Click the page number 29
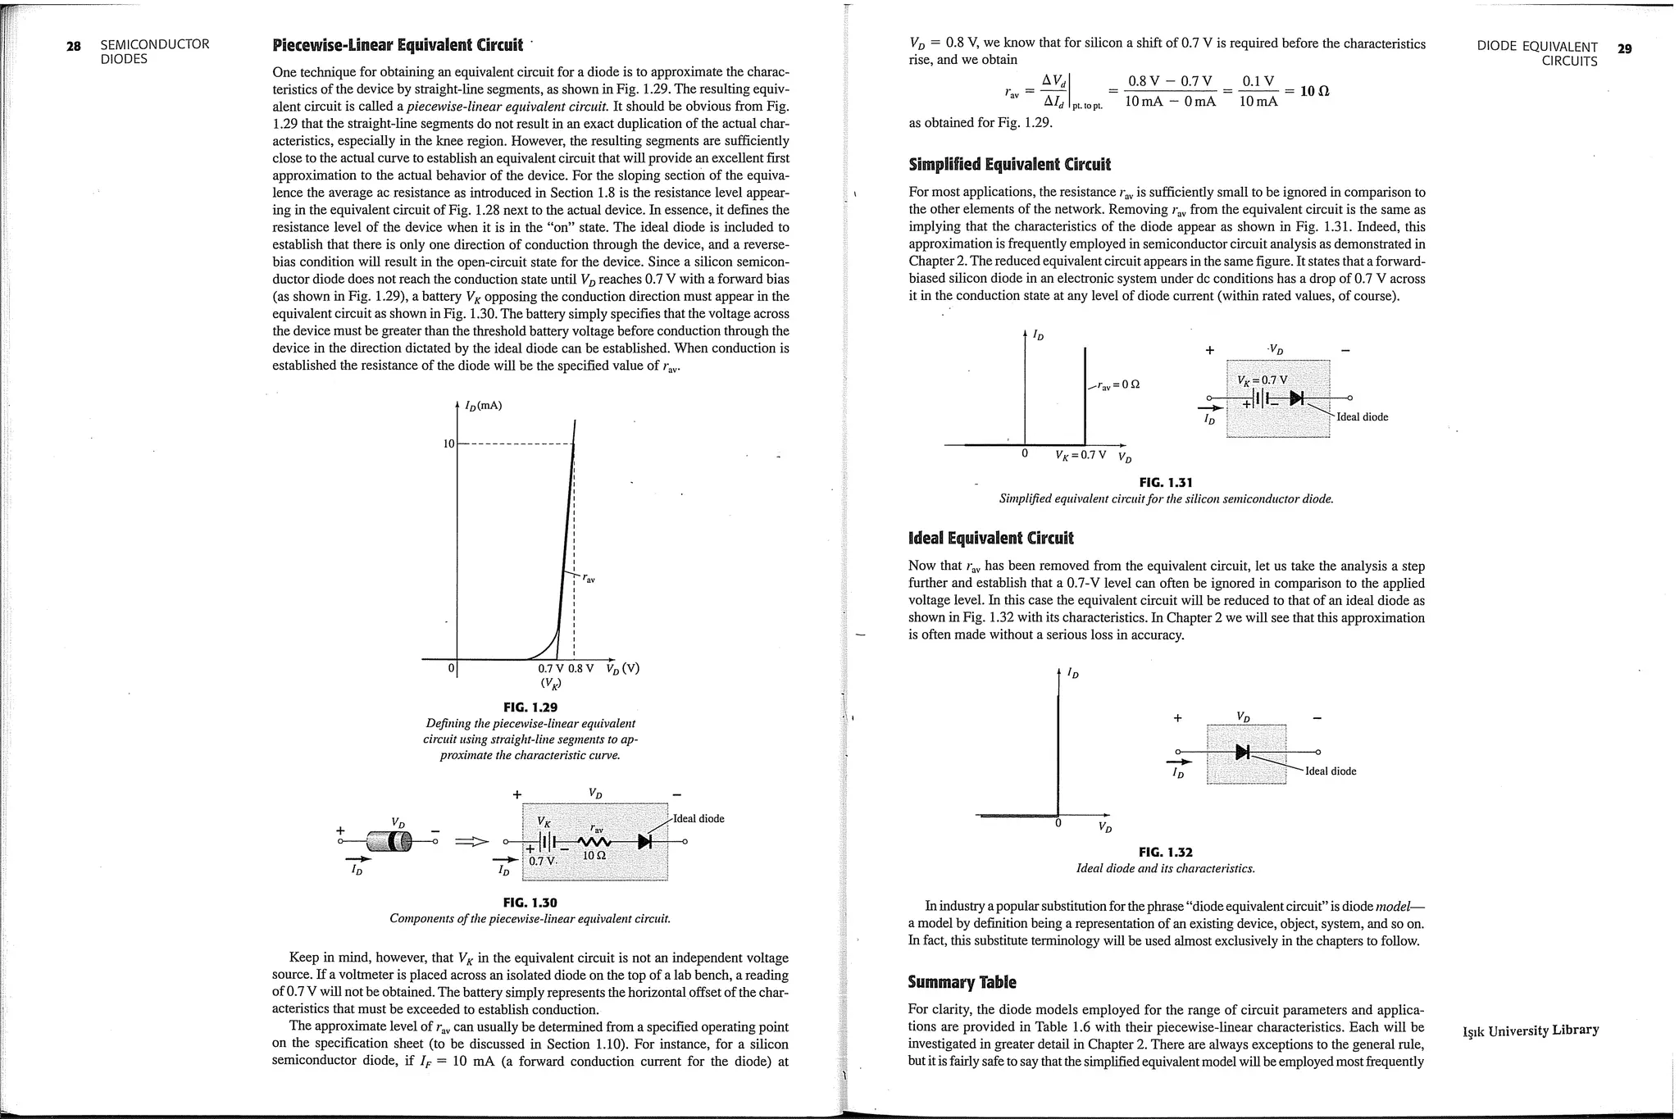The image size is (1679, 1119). coord(1624,48)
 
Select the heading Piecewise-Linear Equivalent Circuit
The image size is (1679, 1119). coord(397,44)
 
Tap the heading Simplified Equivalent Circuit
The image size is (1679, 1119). coord(1009,164)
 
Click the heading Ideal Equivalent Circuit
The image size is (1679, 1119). coord(990,538)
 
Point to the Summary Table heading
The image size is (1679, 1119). coord(962,981)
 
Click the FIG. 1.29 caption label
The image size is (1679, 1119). coord(530,707)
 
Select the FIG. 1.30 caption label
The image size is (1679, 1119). coord(530,903)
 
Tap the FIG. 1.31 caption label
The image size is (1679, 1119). coord(1165,482)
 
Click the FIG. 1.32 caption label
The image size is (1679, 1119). coord(1165,852)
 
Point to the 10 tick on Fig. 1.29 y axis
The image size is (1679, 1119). coord(448,444)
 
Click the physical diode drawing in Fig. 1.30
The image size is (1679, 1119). coord(389,841)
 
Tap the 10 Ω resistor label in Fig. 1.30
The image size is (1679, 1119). coord(594,856)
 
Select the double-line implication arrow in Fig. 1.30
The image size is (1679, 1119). coord(471,841)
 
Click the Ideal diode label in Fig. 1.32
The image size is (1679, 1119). coord(1331,771)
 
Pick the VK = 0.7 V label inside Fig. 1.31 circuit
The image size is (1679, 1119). coord(1262,380)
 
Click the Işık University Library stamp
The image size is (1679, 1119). coord(1531,1030)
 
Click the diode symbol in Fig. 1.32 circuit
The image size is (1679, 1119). coord(1243,752)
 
